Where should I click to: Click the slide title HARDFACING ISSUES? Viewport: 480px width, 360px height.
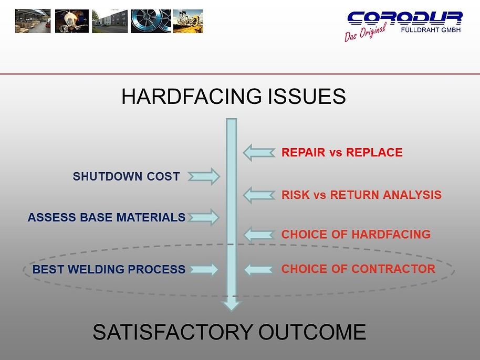(233, 97)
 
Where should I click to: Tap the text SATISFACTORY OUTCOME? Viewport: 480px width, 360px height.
(229, 332)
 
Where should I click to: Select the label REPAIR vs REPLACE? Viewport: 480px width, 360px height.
(342, 153)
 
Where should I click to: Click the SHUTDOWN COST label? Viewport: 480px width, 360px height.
(126, 177)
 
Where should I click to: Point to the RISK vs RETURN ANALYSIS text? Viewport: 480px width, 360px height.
(361, 195)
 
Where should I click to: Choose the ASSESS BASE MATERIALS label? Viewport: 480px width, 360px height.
(106, 217)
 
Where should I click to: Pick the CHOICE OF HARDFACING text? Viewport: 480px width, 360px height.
(356, 235)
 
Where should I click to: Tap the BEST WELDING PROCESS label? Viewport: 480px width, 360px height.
(109, 270)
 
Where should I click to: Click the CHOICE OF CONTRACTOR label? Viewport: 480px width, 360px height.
(358, 269)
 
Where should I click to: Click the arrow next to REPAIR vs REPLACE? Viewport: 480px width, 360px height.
(258, 153)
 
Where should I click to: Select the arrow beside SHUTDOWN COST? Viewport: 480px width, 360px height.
(204, 177)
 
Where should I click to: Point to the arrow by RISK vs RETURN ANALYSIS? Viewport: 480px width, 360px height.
(258, 195)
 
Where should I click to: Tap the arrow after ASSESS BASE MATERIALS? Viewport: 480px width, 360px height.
(203, 217)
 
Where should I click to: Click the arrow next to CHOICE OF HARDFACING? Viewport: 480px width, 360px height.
(259, 235)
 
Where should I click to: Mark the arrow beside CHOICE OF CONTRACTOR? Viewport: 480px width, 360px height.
(259, 270)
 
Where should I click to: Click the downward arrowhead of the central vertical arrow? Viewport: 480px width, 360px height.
(232, 304)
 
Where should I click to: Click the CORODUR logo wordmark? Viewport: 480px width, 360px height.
(404, 18)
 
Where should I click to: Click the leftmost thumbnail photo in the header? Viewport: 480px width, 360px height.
(33, 21)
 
